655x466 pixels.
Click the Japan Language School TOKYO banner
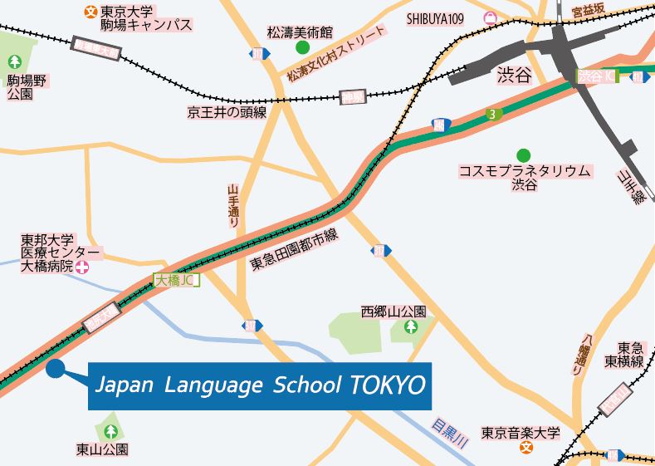[260, 386]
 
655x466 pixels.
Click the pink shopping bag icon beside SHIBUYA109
[491, 16]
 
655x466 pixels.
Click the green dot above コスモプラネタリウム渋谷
[523, 155]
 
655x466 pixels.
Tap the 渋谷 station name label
[512, 76]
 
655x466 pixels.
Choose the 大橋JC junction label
[175, 281]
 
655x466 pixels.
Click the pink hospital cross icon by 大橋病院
[82, 267]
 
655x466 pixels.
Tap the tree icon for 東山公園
[110, 431]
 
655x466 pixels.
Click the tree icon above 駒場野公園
[15, 61]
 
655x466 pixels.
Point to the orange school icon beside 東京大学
[90, 12]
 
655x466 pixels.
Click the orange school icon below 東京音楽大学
[525, 448]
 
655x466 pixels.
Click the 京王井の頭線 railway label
[227, 112]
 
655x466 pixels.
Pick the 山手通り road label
[234, 207]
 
